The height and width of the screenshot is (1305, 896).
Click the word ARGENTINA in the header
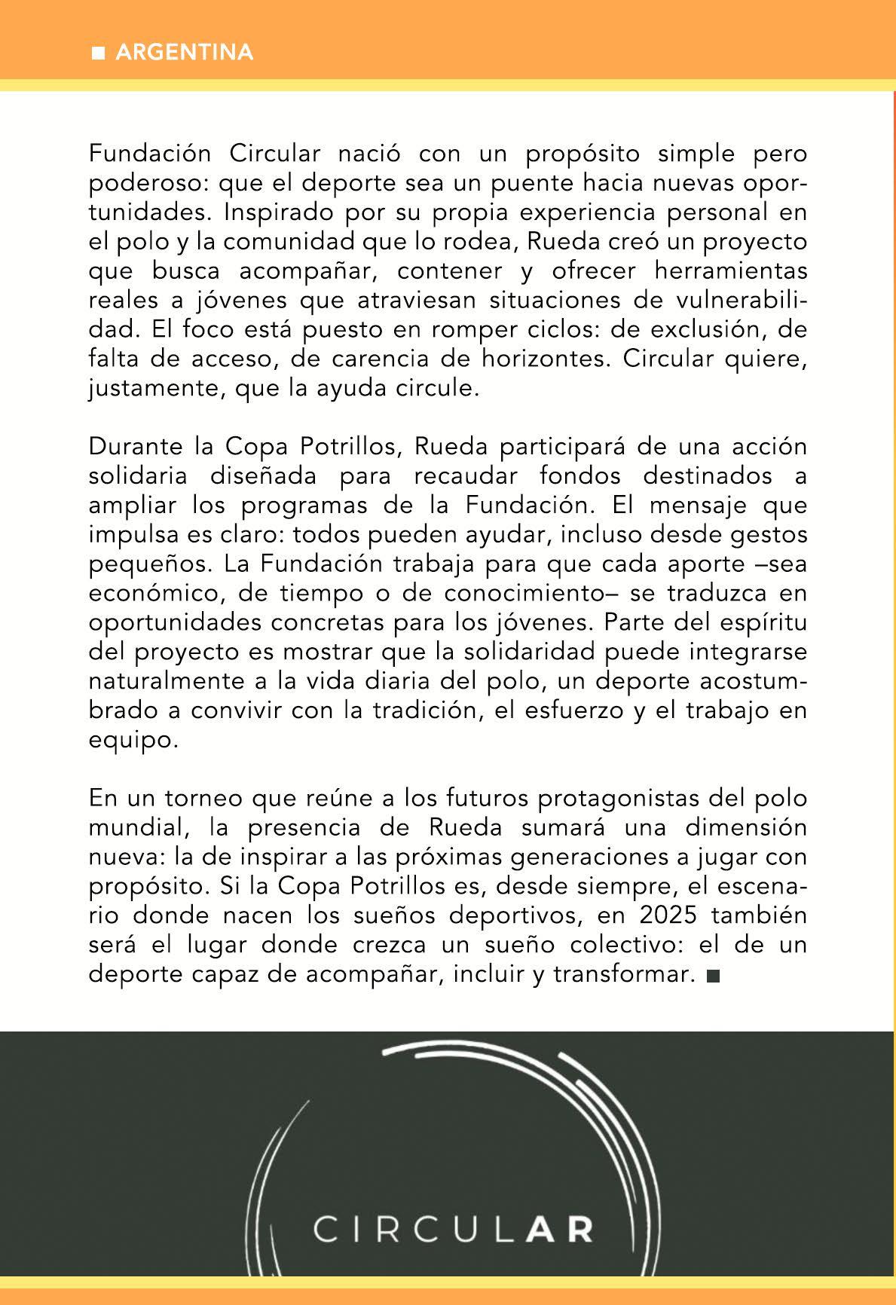185,53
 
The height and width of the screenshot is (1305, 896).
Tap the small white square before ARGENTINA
97,53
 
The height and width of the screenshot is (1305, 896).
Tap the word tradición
427,711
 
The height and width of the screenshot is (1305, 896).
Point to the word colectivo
631,944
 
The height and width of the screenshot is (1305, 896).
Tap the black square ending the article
713,976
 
